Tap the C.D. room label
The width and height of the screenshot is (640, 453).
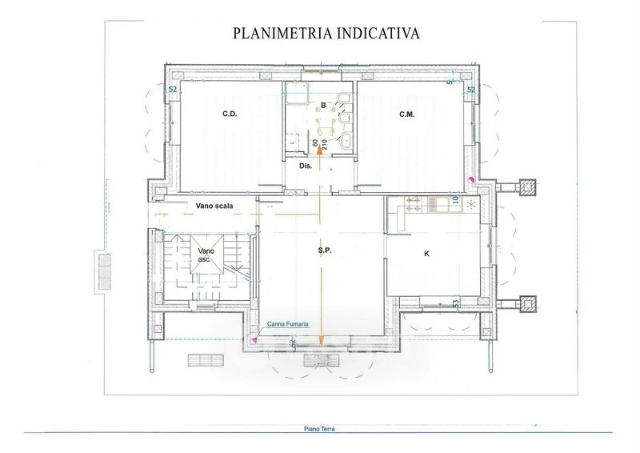click(230, 114)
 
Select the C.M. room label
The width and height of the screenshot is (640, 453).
click(406, 114)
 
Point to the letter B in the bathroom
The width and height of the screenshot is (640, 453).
click(323, 105)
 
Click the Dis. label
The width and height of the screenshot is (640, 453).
click(305, 166)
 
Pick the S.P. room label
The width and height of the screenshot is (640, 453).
click(324, 251)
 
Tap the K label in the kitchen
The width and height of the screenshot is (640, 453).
click(426, 253)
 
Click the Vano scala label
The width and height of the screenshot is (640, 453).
click(214, 206)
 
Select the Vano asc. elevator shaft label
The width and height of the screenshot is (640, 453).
click(206, 255)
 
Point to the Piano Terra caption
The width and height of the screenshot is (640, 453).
click(319, 429)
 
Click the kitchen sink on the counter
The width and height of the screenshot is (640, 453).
click(439, 204)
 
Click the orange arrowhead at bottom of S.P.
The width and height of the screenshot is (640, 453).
click(321, 342)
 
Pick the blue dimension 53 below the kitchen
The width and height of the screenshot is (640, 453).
click(456, 304)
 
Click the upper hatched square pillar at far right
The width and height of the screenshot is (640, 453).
click(527, 186)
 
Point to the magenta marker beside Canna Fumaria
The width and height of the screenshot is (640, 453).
click(254, 340)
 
